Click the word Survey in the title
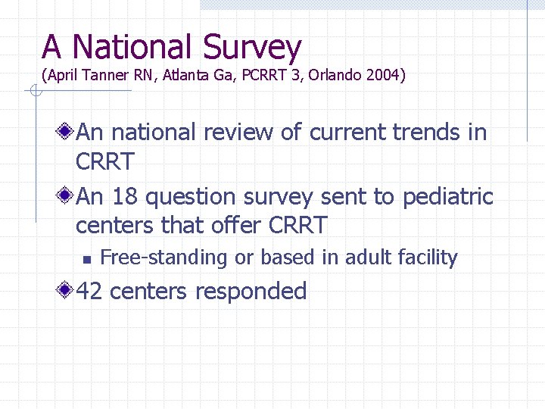point(252,48)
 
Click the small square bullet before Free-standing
point(86,259)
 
